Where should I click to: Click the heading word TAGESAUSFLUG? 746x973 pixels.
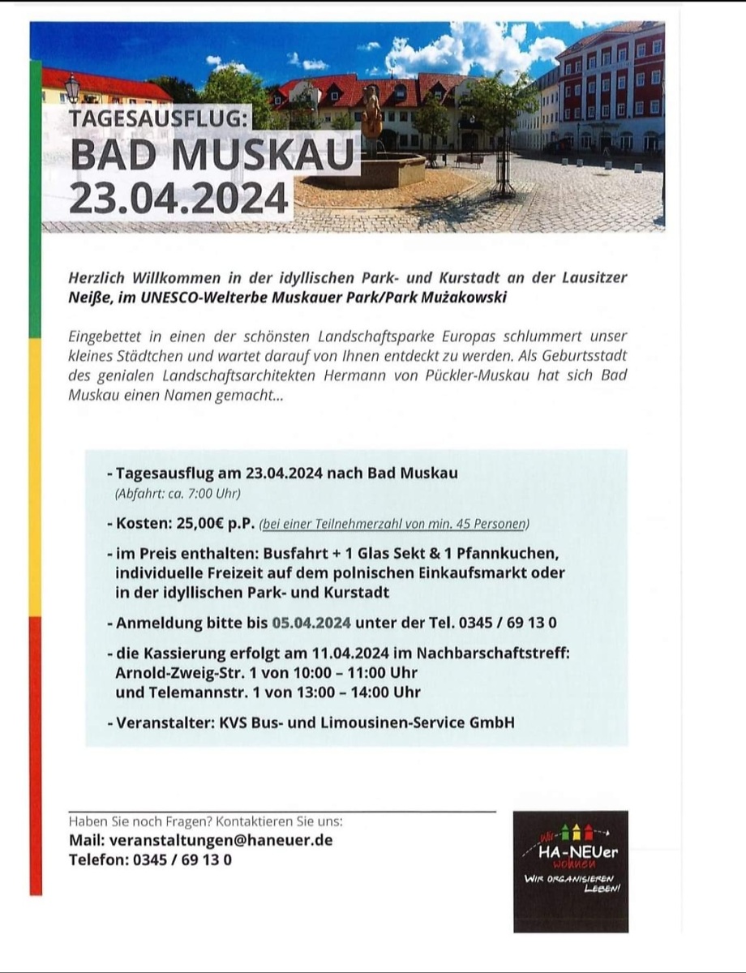pos(156,118)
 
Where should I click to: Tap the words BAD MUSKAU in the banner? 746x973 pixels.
pos(212,156)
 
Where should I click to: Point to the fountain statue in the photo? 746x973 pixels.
pos(372,114)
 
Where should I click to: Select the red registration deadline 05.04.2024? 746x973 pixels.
pos(311,623)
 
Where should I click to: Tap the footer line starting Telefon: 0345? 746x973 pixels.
pos(150,859)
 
